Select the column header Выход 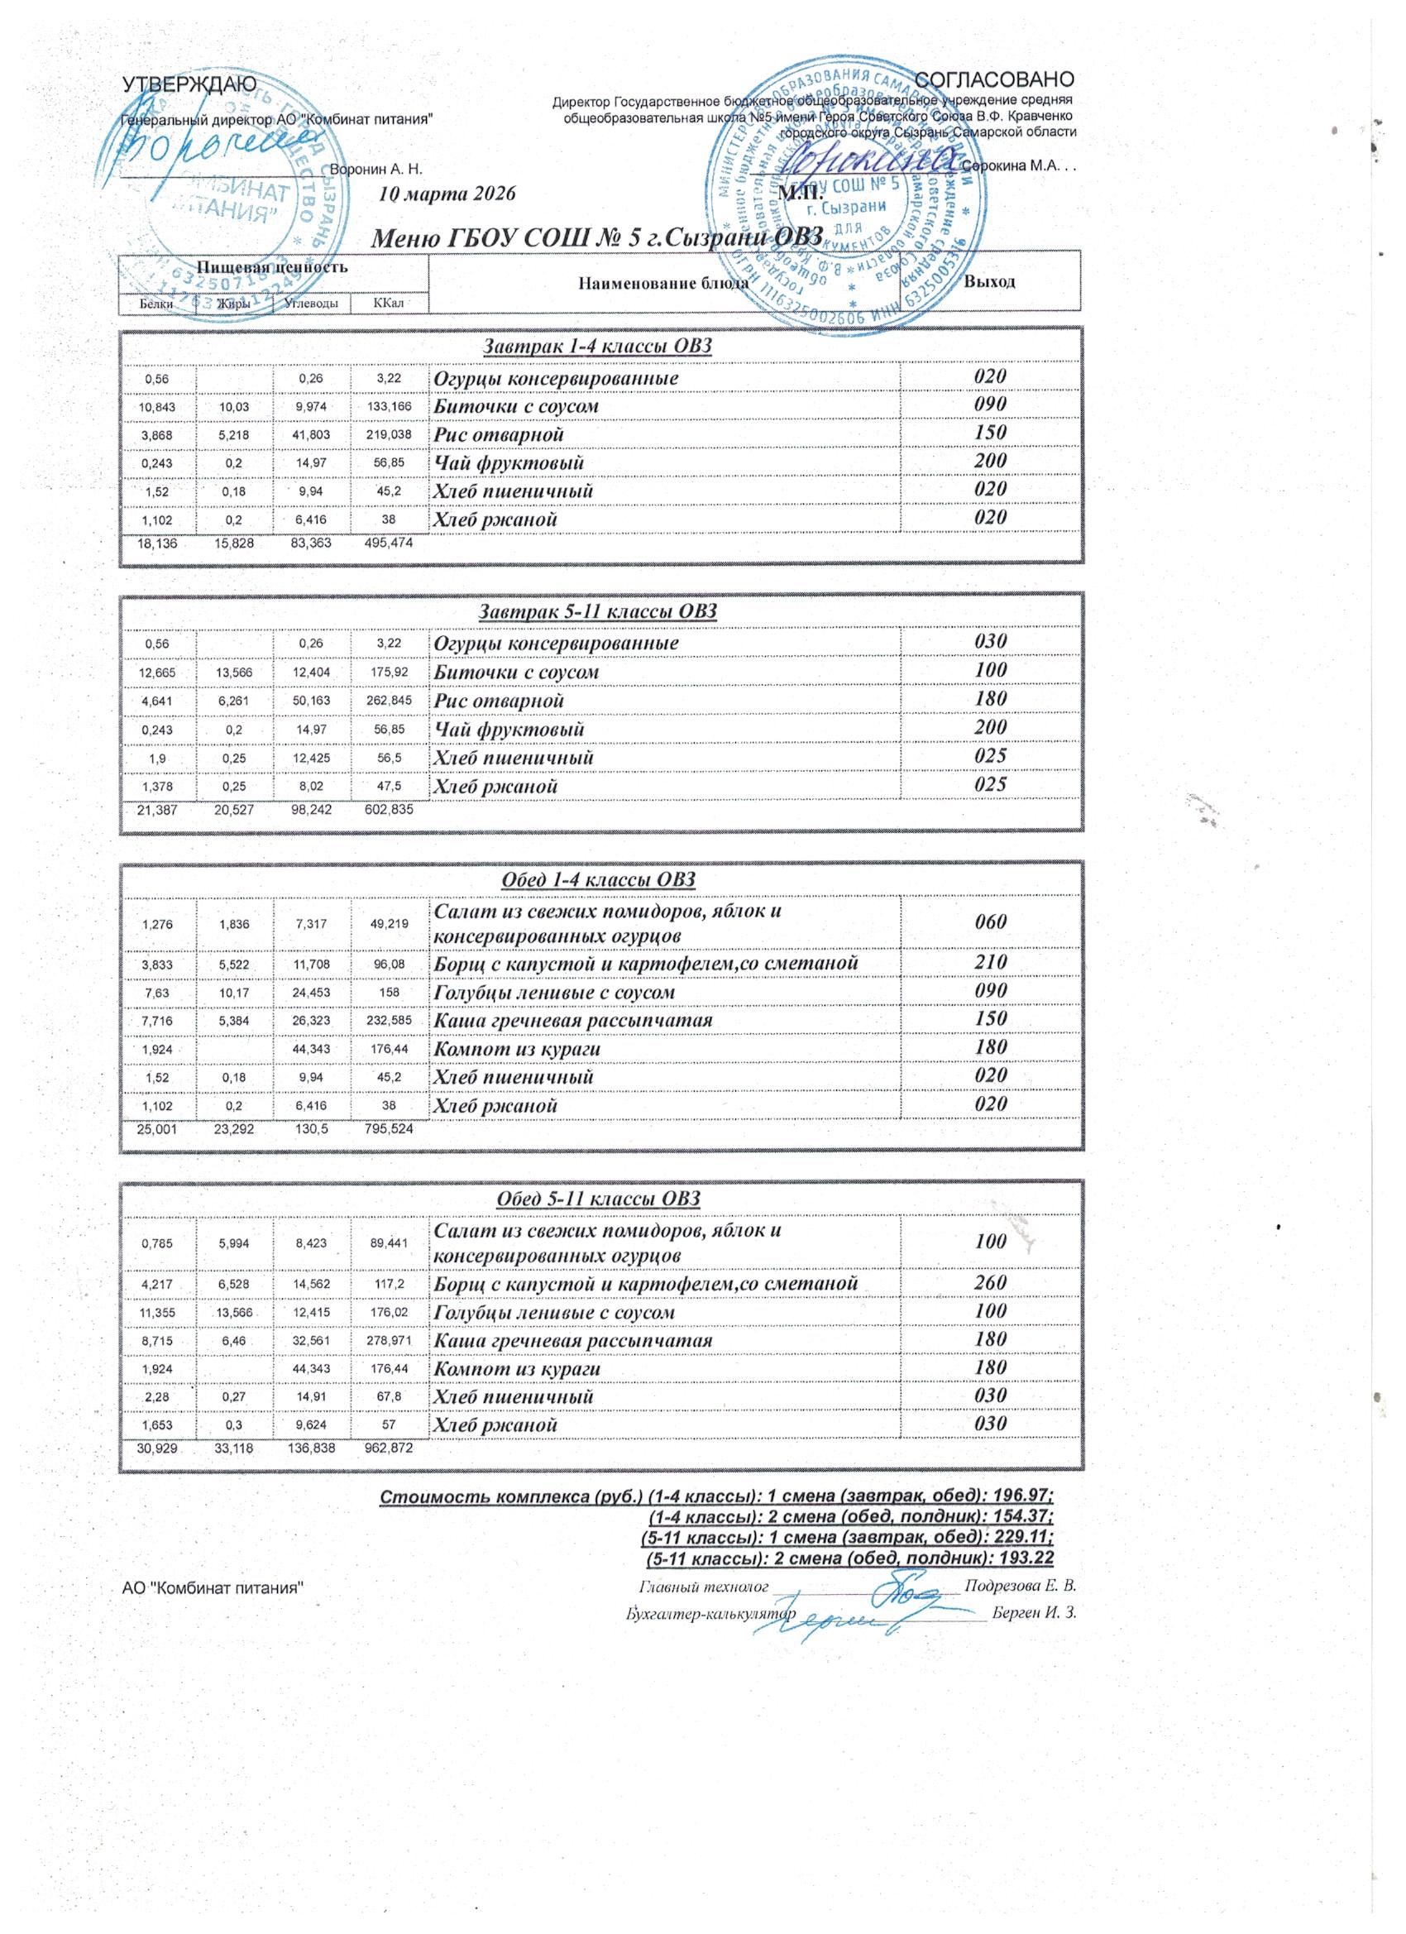click(x=989, y=281)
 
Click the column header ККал click(x=388, y=303)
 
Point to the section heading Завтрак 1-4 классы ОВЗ click(x=597, y=347)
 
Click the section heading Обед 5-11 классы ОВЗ click(x=598, y=1199)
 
